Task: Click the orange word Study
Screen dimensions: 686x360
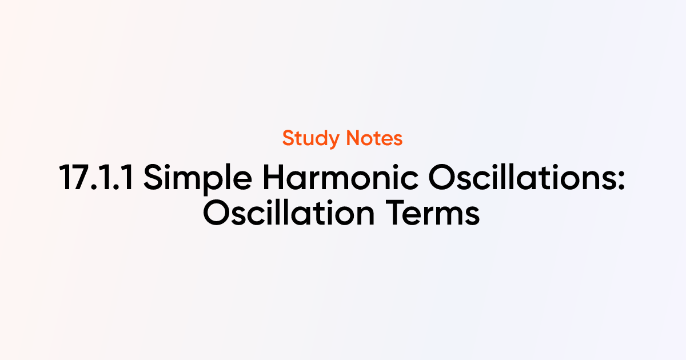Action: click(310, 139)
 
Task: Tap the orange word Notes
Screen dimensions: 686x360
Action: click(374, 138)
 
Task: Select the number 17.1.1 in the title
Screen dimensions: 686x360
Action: click(96, 177)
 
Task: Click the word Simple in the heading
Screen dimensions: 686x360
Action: click(198, 179)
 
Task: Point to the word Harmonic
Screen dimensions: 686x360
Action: click(340, 177)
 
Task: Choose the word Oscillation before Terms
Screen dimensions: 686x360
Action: click(289, 212)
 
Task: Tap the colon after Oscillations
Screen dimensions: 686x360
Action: click(621, 181)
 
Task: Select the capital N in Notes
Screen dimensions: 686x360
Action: click(353, 138)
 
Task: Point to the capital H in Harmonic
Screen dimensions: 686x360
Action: click(274, 177)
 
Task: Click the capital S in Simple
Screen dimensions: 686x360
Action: click(153, 177)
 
